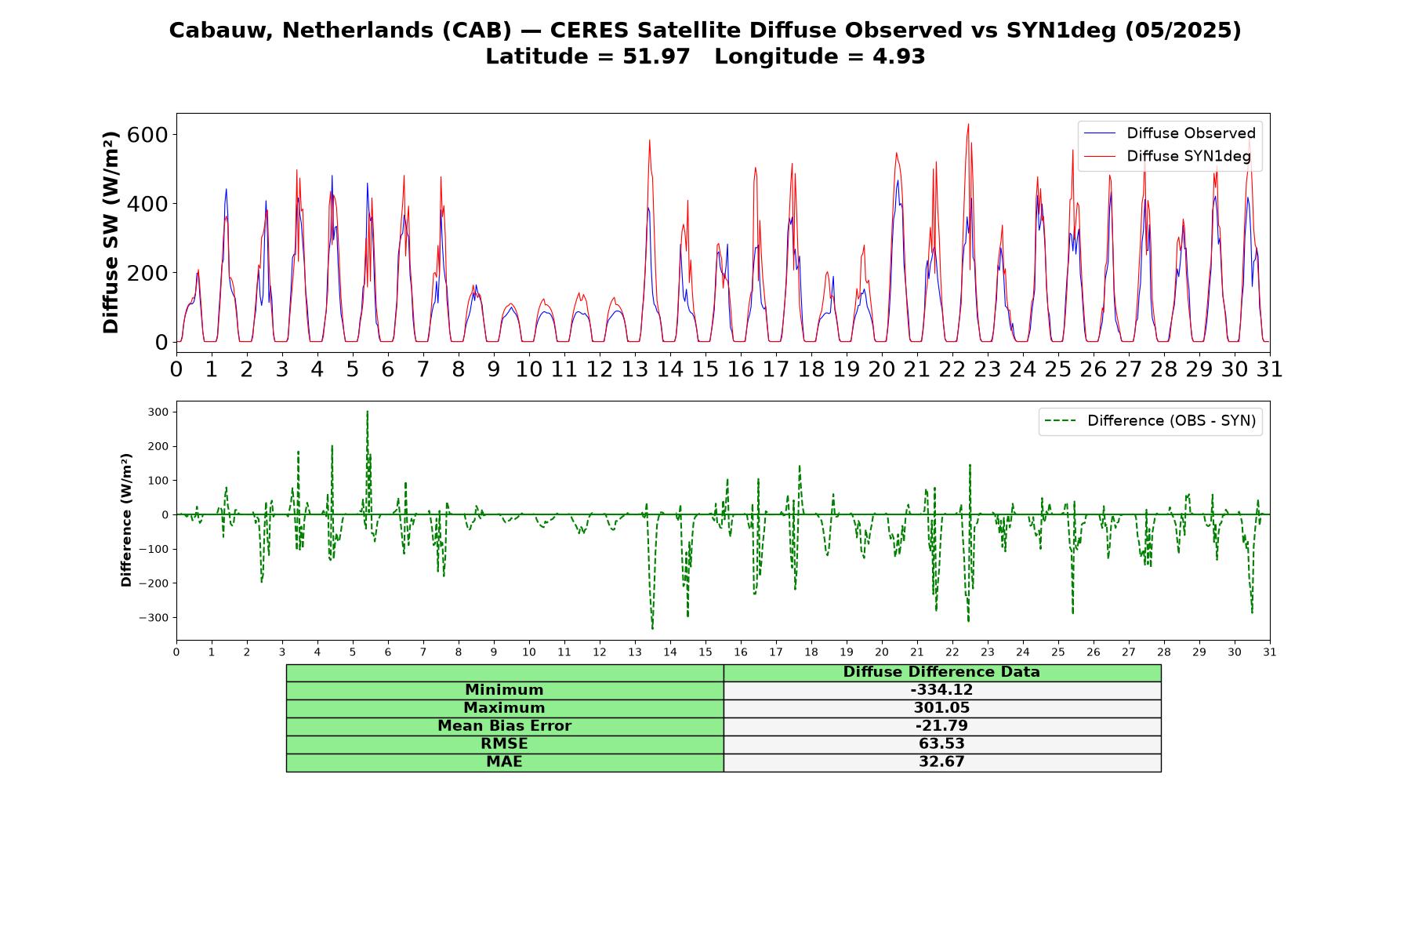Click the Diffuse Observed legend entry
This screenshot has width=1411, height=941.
1169,133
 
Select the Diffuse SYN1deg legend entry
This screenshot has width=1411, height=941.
1167,156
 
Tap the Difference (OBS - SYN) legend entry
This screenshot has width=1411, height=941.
1150,421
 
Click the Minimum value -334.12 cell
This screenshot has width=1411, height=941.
941,690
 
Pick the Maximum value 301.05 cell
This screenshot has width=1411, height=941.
941,708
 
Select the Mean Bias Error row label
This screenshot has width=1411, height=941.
504,726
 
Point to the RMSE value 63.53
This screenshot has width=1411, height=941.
941,743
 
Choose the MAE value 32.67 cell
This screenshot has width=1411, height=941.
941,762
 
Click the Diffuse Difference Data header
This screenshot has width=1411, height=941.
941,672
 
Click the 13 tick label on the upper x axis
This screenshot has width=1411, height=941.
634,369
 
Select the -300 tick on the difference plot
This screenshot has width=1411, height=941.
154,618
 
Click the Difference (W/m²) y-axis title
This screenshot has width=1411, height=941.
126,520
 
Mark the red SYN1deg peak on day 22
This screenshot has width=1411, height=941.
968,124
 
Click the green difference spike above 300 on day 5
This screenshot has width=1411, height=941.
367,412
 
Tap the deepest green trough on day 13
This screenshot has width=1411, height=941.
652,628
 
